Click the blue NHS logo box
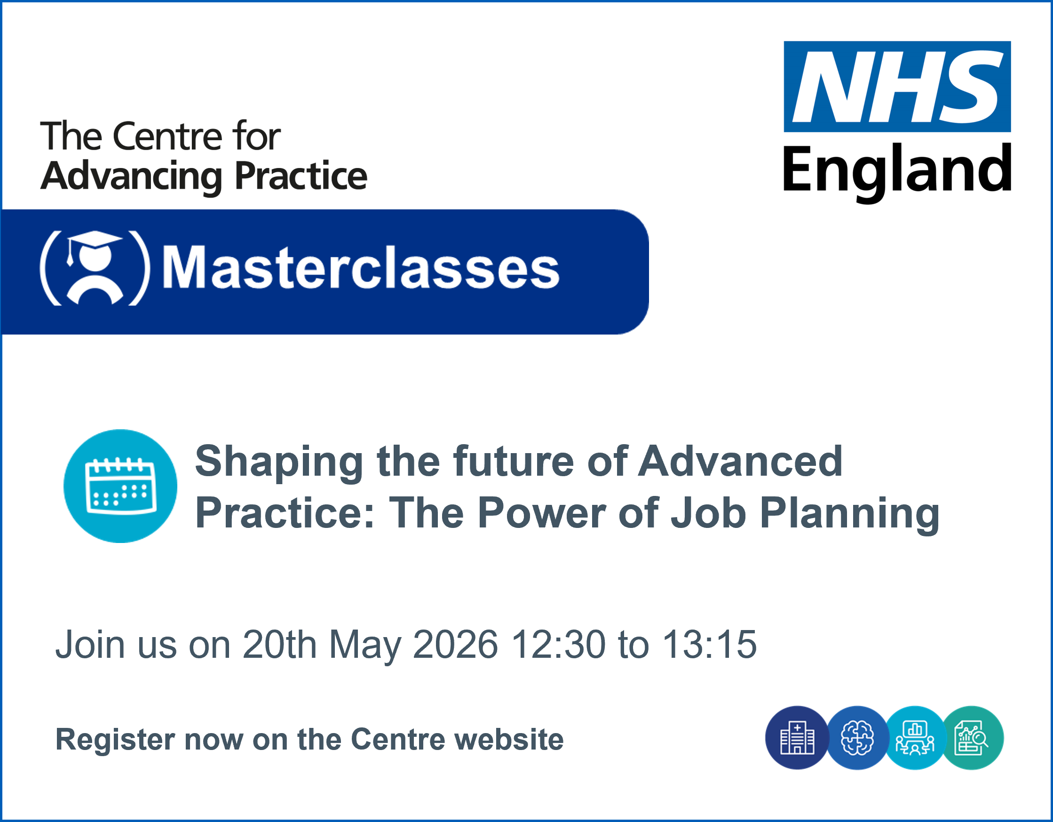(897, 87)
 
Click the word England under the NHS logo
(897, 172)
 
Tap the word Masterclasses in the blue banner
(361, 268)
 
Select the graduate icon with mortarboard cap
(95, 268)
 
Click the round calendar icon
(120, 486)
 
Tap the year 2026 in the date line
(455, 645)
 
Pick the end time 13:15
(710, 645)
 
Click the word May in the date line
(365, 647)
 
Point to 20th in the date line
(280, 645)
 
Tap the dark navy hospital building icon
(797, 738)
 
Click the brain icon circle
(858, 738)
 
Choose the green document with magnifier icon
(972, 738)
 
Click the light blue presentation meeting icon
(915, 738)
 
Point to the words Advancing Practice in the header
(204, 176)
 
